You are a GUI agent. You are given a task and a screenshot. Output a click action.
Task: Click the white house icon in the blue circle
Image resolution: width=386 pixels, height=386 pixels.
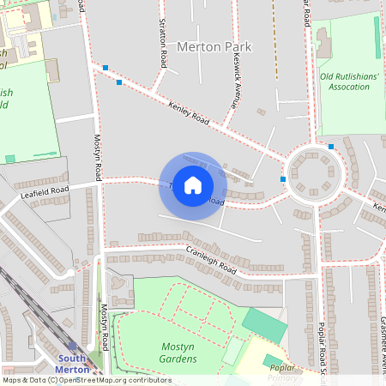click(x=193, y=185)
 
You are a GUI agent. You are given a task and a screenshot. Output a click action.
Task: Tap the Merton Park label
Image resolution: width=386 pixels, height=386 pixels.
click(x=214, y=47)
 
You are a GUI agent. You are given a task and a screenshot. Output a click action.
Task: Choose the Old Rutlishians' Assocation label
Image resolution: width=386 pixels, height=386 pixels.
click(x=350, y=81)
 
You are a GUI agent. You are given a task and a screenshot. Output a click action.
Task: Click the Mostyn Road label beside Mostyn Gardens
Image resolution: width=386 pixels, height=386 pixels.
click(x=104, y=328)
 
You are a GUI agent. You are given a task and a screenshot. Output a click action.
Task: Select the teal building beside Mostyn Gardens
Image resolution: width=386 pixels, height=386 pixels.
click(x=265, y=324)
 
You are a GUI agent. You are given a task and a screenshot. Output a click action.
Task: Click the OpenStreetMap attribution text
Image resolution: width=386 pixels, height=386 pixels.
click(x=86, y=380)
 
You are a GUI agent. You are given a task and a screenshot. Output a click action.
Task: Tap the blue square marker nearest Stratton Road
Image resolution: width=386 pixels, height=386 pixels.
click(x=118, y=82)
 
